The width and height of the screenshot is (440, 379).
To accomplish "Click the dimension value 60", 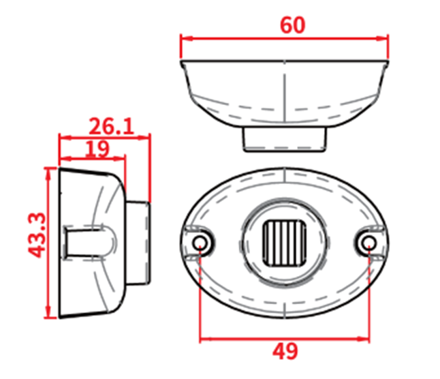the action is pyautogui.click(x=292, y=25).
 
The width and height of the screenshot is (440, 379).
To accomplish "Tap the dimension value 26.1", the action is pyautogui.click(x=112, y=127).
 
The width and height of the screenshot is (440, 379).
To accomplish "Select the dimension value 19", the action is pyautogui.click(x=97, y=149).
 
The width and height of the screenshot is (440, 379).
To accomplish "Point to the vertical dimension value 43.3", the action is pyautogui.click(x=37, y=235).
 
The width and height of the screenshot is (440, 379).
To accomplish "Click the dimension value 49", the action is pyautogui.click(x=285, y=351).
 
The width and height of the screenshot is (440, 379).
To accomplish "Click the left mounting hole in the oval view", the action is pyautogui.click(x=200, y=242).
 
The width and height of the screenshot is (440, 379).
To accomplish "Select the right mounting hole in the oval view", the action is pyautogui.click(x=368, y=242).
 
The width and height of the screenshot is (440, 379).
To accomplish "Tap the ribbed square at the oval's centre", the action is pyautogui.click(x=284, y=243).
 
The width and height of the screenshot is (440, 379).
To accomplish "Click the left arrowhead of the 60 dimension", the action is pyautogui.click(x=187, y=38).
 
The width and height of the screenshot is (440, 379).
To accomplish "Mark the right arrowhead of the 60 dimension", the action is pyautogui.click(x=382, y=38).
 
